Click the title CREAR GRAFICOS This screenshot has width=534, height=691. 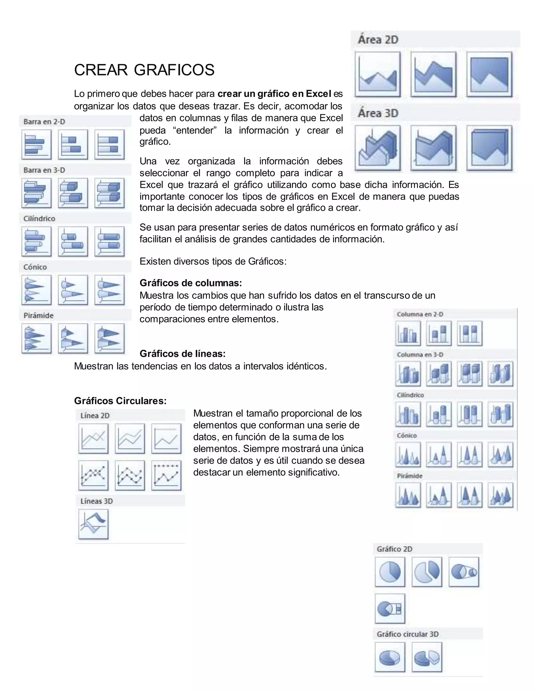(144, 70)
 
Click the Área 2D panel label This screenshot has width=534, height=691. (378, 40)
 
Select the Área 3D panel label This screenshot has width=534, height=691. (378, 113)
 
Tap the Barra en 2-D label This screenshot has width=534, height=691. (44, 122)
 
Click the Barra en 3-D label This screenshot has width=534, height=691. (44, 170)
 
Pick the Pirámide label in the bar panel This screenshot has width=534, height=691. (39, 316)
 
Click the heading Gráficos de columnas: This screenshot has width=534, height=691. (191, 283)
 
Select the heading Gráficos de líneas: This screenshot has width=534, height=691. (183, 353)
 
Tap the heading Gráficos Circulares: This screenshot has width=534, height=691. (120, 401)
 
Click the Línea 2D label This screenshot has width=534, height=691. (95, 415)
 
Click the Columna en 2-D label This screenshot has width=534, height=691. (420, 314)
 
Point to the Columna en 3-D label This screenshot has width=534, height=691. (420, 355)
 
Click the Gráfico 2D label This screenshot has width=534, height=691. (394, 549)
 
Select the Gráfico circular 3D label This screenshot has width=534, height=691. (408, 634)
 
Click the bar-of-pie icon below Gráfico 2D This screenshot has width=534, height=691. (390, 608)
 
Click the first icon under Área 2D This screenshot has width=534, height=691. (377, 74)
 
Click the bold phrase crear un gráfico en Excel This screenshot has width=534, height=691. (274, 94)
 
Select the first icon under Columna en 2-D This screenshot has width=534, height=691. (408, 333)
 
